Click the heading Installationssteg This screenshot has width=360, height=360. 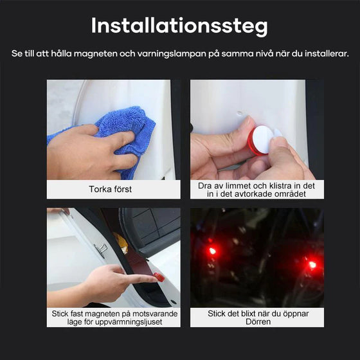[179, 26]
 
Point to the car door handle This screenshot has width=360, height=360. [100, 250]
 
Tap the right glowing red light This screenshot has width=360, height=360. [312, 264]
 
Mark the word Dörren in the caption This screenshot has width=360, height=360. [257, 321]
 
